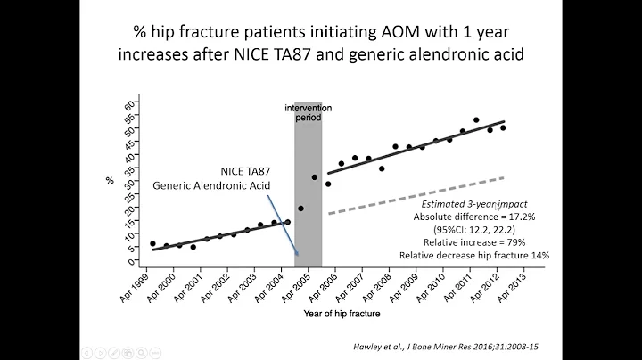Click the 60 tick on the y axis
click(130, 104)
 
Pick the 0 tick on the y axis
click(131, 262)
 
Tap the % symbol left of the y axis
click(110, 181)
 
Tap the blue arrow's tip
click(297, 257)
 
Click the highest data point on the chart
click(476, 119)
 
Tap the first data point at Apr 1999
click(152, 243)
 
